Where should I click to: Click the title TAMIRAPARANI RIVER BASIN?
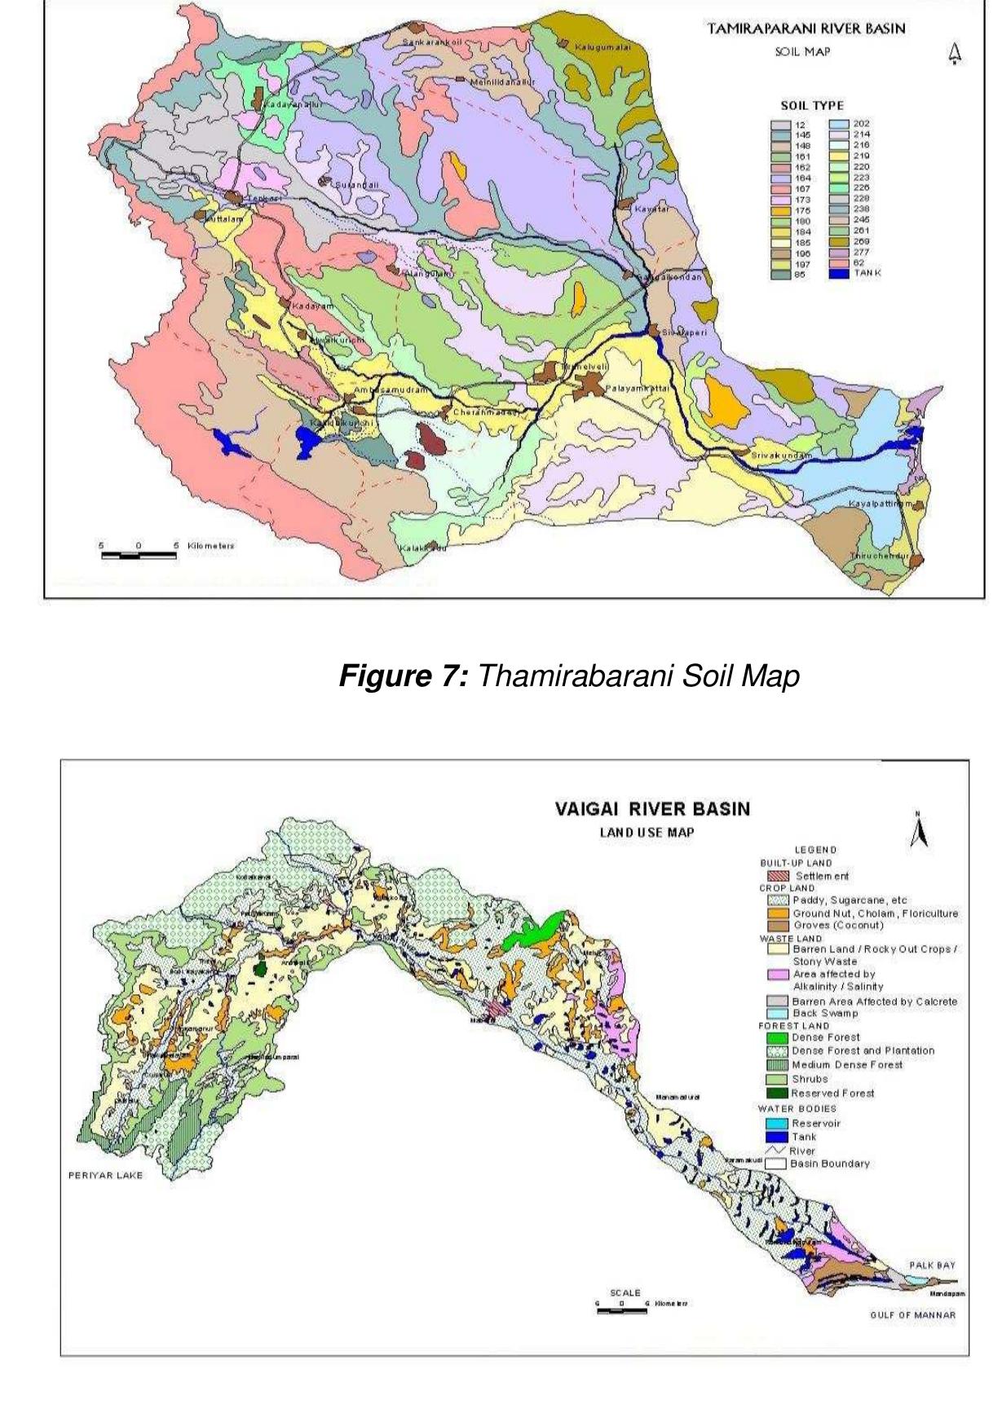coord(806,29)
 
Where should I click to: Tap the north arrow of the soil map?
coord(956,54)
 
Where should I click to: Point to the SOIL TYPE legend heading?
coord(811,105)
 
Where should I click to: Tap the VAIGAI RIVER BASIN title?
coord(652,809)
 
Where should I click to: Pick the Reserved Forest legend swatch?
coord(778,1094)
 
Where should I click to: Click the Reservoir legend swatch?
coord(778,1123)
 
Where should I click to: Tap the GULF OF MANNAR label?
coord(912,1314)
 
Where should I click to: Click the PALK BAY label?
coord(931,1266)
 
